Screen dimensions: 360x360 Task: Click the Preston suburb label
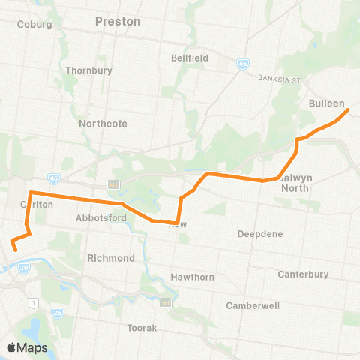point(118,22)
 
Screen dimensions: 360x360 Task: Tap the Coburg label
point(34,24)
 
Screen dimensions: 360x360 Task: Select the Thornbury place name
point(88,70)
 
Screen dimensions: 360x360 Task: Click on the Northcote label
point(103,124)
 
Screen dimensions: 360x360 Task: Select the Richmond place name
point(110,258)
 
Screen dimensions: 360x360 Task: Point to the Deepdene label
point(260,234)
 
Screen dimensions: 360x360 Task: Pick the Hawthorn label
point(193,277)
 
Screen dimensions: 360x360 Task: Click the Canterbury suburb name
point(303,274)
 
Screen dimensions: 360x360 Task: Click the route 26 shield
point(58,311)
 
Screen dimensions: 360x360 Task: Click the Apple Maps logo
point(27,347)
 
